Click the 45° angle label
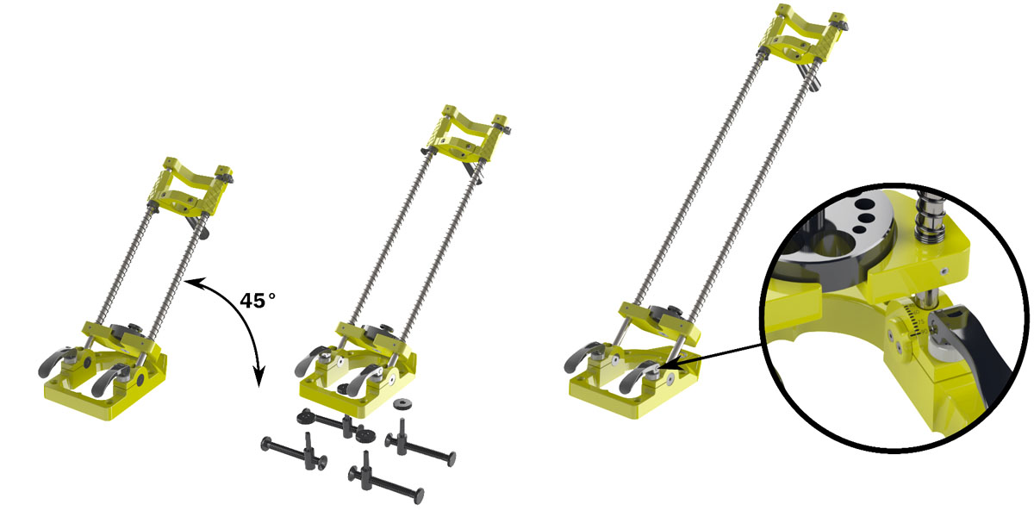click(258, 301)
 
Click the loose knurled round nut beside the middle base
click(401, 404)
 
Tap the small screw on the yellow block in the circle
click(945, 270)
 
